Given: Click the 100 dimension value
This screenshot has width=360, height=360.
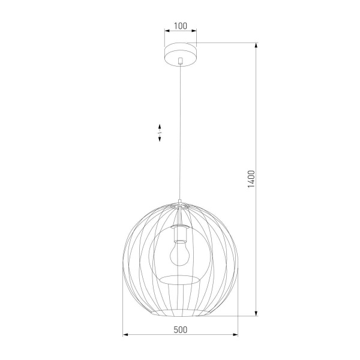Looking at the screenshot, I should click(180, 26).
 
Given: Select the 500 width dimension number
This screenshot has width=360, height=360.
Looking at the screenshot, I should click(180, 329).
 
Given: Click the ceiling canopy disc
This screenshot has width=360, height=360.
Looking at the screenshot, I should click(180, 53).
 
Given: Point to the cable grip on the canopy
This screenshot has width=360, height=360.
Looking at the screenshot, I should click(180, 60).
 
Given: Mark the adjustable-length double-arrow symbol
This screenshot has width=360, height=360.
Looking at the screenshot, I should click(160, 133).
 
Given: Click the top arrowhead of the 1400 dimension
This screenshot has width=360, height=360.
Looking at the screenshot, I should click(257, 46).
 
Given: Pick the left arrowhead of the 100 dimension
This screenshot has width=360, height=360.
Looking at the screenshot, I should click(166, 33).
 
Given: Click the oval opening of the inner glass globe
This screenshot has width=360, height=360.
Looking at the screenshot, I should click(180, 279).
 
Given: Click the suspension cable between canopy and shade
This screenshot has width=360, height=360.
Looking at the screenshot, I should click(180, 132).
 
